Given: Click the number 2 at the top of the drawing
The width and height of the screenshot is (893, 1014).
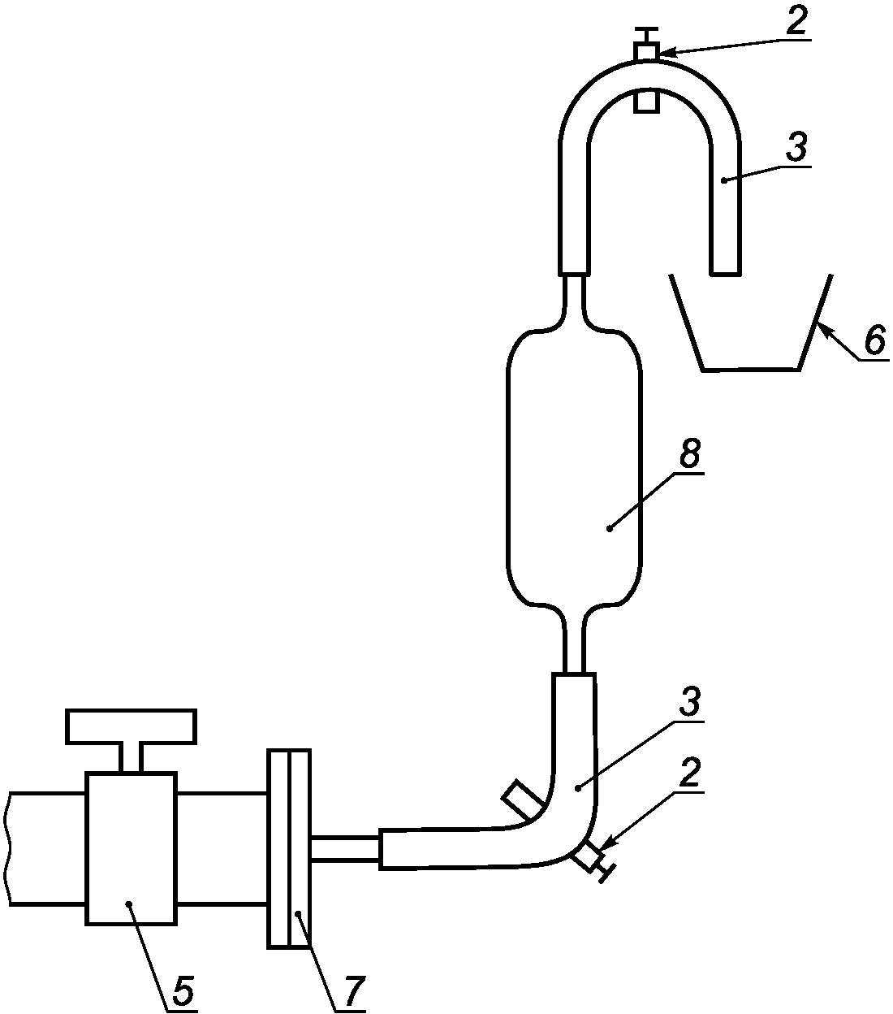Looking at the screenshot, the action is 796,21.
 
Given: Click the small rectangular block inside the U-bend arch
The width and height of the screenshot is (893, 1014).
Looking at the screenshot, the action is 647,102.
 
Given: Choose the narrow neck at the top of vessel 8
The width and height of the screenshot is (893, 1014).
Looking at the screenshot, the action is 575,297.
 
